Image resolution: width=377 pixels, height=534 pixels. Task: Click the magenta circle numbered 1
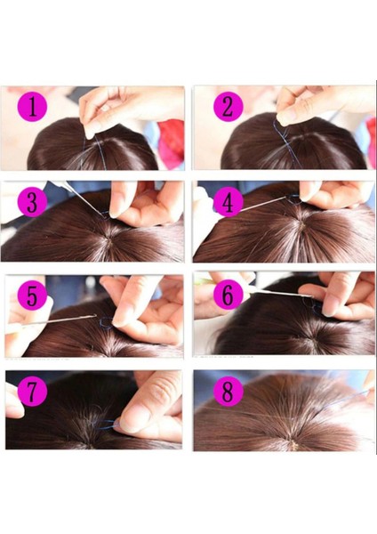coord(33,108)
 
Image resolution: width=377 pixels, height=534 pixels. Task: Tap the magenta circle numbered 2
coord(227,108)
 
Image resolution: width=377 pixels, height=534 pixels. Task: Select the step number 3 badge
coord(33,201)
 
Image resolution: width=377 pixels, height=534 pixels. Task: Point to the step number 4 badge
coord(227,201)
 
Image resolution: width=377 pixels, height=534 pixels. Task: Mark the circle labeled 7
coord(33,392)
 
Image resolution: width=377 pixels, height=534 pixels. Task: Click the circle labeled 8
coord(227,392)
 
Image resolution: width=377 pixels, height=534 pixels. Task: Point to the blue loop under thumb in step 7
coord(108,425)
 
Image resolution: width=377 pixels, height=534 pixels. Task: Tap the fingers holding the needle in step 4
coord(333,200)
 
